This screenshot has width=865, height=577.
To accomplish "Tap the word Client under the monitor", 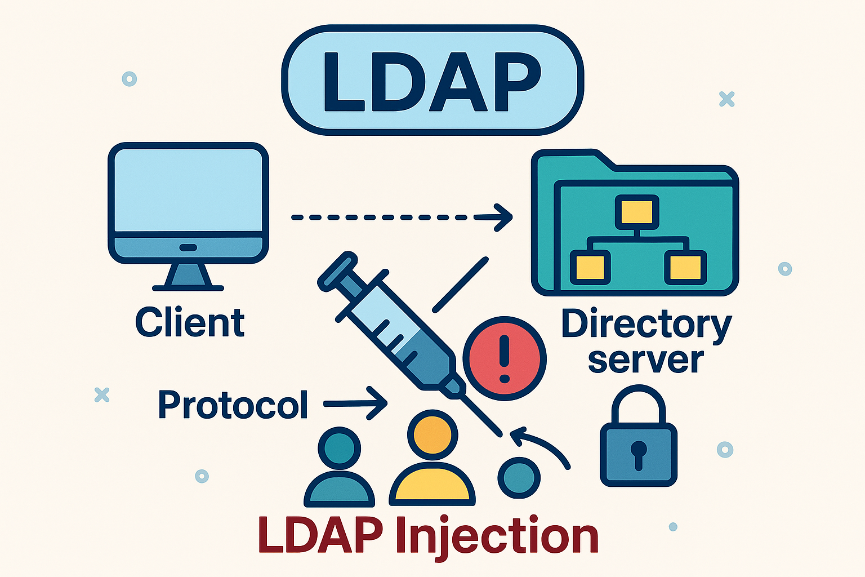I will [x=190, y=323].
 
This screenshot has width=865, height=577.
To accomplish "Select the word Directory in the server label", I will [x=646, y=325].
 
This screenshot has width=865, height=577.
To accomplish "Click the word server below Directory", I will [x=646, y=361].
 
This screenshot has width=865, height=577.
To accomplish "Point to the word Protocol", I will [x=233, y=405].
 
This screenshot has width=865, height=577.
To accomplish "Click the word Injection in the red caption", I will [x=497, y=536].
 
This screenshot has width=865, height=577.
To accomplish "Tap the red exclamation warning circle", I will [x=504, y=359].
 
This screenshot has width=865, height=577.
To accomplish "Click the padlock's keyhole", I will [x=638, y=452].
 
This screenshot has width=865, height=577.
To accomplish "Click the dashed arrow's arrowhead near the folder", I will [x=502, y=217].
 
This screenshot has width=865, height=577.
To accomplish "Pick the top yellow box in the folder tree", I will [x=637, y=212].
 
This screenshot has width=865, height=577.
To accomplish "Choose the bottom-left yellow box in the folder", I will [x=590, y=267].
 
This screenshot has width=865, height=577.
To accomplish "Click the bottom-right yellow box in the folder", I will [x=685, y=267].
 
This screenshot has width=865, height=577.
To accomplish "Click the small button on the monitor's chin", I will [x=188, y=247].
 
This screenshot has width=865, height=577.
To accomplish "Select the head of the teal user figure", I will [x=339, y=449].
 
